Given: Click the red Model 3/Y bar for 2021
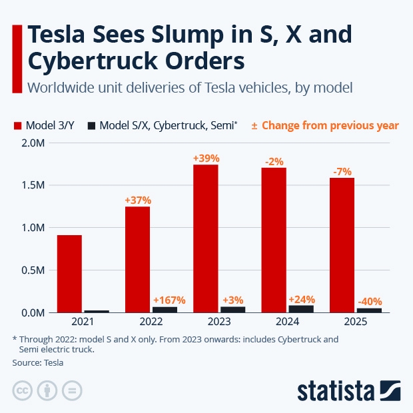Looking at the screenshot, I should (x=69, y=273).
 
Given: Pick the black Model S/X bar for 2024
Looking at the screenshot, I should (x=301, y=308).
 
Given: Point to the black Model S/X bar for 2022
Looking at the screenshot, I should (x=165, y=309).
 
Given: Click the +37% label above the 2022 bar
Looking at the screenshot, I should (x=138, y=200).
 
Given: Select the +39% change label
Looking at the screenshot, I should (x=206, y=158).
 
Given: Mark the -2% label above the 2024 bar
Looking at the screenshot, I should (x=274, y=161).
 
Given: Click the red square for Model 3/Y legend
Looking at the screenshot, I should (x=17, y=125).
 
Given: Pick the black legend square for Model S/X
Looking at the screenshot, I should (x=92, y=125).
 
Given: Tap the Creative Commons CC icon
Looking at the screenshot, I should (x=22, y=390).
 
